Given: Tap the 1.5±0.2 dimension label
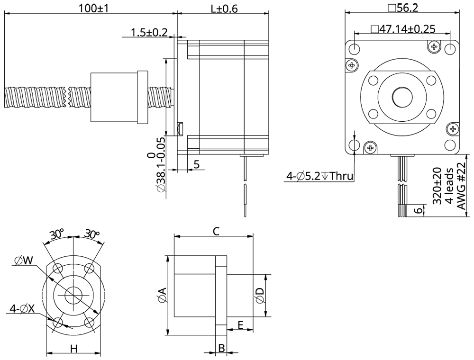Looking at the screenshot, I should [x=149, y=32].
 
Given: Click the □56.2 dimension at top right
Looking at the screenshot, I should [x=402, y=8].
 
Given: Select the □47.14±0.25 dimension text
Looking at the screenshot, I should [x=403, y=29].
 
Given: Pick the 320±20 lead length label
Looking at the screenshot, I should [x=437, y=185].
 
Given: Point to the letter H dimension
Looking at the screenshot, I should [x=73, y=349].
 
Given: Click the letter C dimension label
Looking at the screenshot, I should [x=216, y=231].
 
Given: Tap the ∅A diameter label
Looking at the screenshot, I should [x=161, y=295].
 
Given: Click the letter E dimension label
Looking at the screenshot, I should [x=240, y=325].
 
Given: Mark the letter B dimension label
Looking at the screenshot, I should [x=221, y=349].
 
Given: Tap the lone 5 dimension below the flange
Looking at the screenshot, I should [x=196, y=164].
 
